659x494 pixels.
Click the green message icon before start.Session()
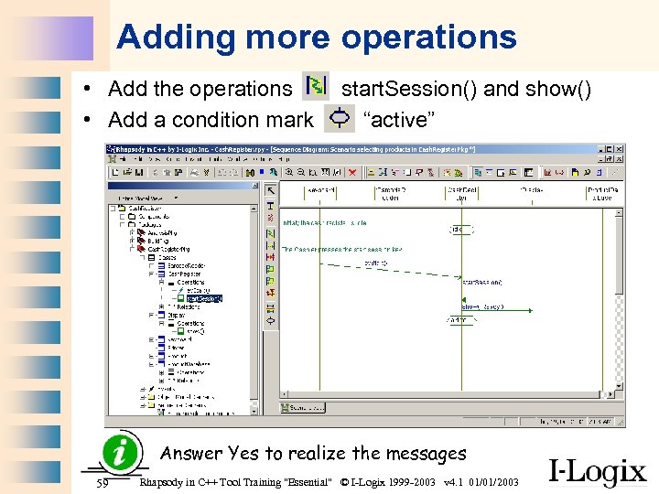315,87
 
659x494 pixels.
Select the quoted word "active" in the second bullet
399,120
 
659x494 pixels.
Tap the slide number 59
103,482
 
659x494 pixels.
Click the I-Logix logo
597,471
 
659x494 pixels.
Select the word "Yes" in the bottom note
243,453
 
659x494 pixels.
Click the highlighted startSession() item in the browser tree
204,298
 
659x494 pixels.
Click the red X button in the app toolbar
352,171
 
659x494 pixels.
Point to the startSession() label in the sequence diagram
481,283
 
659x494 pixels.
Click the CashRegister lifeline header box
460,193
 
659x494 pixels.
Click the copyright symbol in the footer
344,482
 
